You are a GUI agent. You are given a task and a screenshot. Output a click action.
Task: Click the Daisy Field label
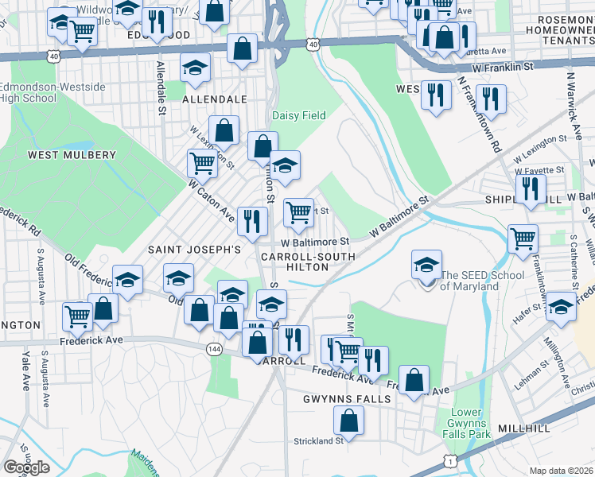[x=299, y=115]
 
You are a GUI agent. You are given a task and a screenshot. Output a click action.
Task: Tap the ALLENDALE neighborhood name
[x=215, y=100]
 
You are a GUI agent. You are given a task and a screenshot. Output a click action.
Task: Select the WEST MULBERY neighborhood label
[x=61, y=154]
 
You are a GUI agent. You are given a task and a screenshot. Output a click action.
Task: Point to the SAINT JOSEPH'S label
[x=194, y=250]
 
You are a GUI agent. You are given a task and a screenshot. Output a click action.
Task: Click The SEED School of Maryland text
[x=482, y=281]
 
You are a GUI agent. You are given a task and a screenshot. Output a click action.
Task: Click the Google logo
[x=26, y=467]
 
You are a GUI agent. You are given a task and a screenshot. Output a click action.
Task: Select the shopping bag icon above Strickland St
[x=348, y=419]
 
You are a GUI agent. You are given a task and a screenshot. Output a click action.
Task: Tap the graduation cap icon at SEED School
[x=427, y=264]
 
